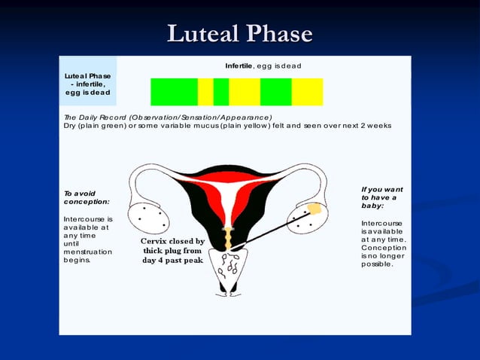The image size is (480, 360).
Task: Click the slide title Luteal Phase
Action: click(x=239, y=33)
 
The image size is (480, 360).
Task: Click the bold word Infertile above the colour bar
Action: click(x=239, y=66)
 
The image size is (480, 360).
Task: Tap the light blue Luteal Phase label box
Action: click(x=88, y=83)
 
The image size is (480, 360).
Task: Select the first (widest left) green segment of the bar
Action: click(x=174, y=92)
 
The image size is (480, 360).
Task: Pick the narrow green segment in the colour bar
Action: click(x=220, y=92)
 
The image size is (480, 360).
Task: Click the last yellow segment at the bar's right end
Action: click(x=307, y=92)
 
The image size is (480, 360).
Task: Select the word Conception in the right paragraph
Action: click(x=384, y=248)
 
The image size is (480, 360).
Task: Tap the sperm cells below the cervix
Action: click(x=230, y=264)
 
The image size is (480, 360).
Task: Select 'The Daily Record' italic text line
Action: click(x=167, y=117)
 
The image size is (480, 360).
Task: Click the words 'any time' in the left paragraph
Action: click(x=78, y=235)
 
